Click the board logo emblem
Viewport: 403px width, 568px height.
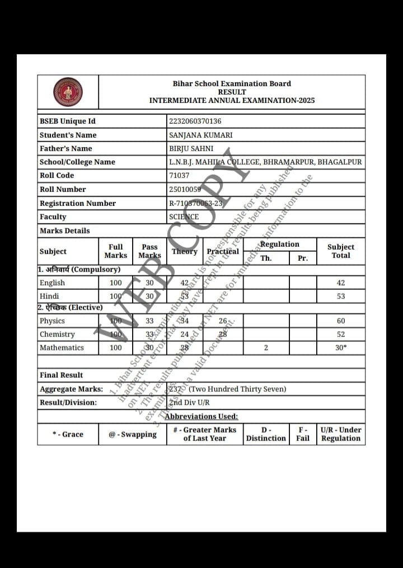[x=68, y=92]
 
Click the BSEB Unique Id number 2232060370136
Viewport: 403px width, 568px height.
[x=195, y=121]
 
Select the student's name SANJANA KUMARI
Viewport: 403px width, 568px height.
[x=200, y=135]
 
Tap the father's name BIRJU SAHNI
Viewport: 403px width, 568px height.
[x=191, y=148]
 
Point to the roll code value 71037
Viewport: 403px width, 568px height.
[x=180, y=176]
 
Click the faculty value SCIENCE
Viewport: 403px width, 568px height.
[x=184, y=217]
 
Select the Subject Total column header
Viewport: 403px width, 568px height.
[x=340, y=251]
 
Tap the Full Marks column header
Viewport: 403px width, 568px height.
[x=115, y=251]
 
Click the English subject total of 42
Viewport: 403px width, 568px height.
[x=341, y=283]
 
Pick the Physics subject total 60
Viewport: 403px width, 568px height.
[x=341, y=321]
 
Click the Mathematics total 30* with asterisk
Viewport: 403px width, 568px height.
[x=341, y=348]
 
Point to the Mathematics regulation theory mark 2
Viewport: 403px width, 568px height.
[x=266, y=348]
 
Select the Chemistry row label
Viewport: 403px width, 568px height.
[x=57, y=335]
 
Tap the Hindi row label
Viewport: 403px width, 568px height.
[x=49, y=297]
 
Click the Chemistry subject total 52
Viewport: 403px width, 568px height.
[x=341, y=335]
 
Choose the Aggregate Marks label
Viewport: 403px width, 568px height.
[x=71, y=389]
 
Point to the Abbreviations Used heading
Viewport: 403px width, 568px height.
[x=201, y=416]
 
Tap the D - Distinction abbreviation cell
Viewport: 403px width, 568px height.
[x=266, y=434]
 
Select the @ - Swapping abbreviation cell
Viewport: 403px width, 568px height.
[x=133, y=434]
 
